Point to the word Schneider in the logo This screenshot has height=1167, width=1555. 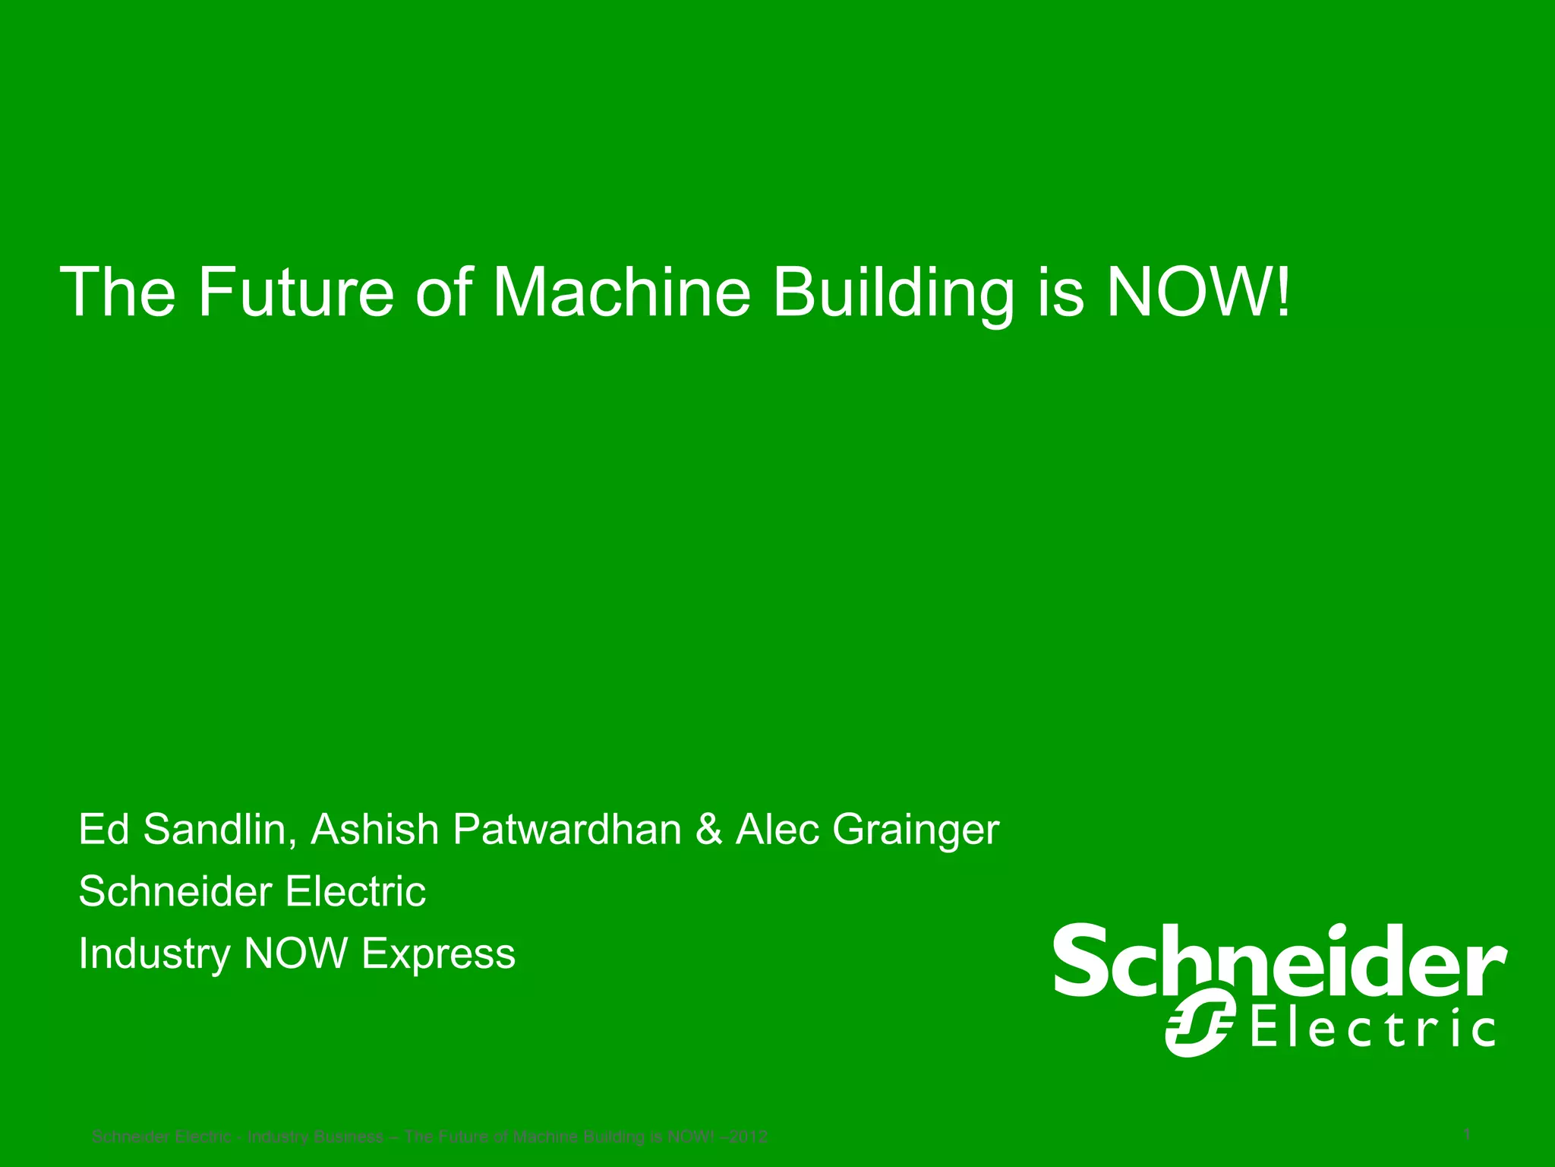pos(1280,960)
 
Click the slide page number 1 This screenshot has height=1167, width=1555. pos(1467,1134)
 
